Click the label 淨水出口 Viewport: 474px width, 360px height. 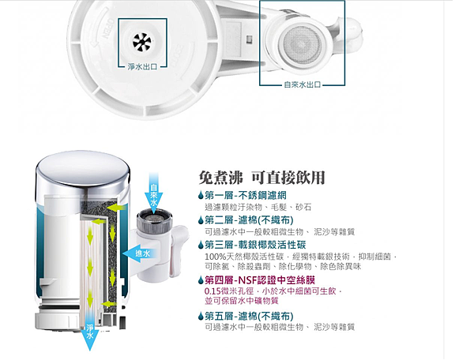point(142,67)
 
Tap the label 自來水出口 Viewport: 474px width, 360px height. point(302,84)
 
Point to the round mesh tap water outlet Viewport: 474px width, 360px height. point(303,46)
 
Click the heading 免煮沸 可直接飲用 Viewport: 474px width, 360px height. point(261,178)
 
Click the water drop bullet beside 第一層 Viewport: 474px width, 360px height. point(201,196)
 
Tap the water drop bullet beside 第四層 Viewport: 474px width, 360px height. point(201,280)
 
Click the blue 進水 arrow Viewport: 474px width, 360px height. point(140,253)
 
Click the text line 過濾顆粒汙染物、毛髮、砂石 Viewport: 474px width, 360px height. point(258,207)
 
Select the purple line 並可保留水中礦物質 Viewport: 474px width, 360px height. point(241,301)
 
